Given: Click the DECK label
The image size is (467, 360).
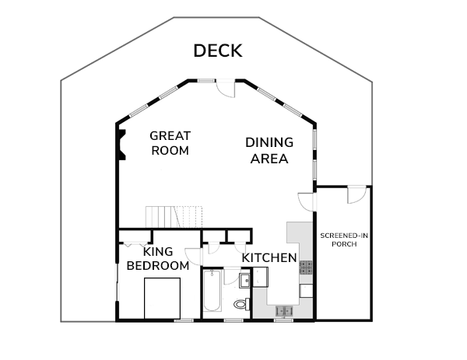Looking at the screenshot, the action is (218, 51).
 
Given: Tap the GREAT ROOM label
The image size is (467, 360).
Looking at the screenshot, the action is (170, 143).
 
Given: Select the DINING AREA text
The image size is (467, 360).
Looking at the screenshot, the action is (269, 151).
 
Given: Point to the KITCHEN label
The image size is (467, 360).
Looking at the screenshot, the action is (269, 258).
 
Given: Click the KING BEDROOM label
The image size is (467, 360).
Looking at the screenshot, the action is (158, 259).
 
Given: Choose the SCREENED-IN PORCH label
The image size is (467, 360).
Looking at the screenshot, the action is (344, 239).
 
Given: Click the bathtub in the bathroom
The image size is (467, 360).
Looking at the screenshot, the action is (212, 291).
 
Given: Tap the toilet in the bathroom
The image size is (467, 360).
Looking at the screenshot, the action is (242, 304).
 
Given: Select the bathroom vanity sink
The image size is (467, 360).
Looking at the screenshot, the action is (245, 281).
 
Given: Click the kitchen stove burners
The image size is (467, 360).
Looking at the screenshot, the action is (306, 267).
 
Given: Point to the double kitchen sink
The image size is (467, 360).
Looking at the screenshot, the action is (284, 311).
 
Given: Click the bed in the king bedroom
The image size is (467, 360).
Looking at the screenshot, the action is (163, 298).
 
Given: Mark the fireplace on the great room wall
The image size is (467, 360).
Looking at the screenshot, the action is (122, 145).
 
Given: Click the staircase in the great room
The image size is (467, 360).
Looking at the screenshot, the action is (174, 217).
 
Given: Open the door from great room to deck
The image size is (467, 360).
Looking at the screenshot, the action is (226, 88).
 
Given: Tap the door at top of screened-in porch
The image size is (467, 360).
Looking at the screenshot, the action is (356, 195).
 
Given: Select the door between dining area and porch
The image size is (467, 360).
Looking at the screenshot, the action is (307, 202).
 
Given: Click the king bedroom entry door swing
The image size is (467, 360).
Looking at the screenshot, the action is (193, 257).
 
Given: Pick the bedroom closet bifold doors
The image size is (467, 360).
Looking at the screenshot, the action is (135, 245).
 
